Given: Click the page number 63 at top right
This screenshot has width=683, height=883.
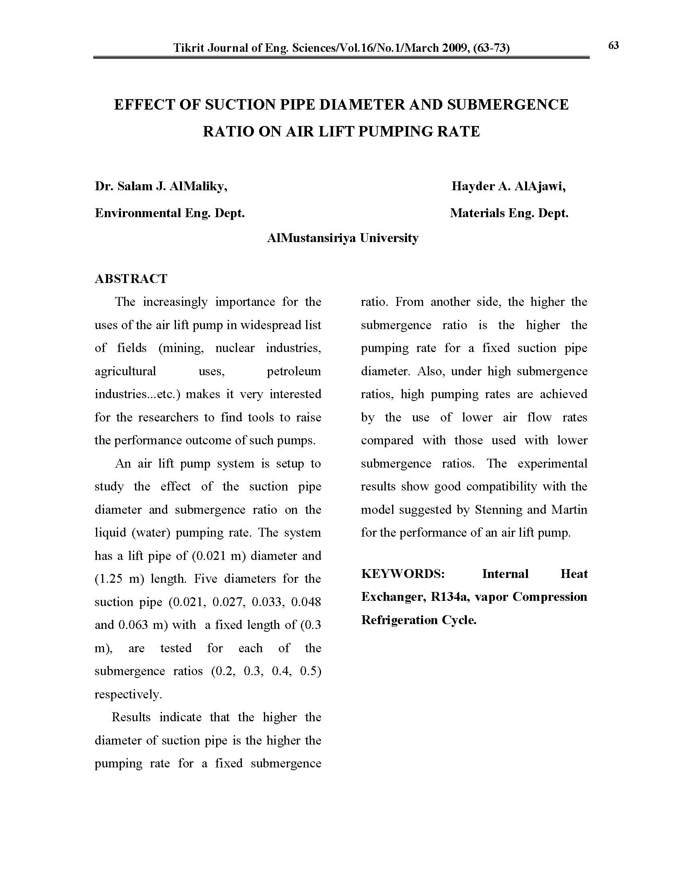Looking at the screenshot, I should [613, 45].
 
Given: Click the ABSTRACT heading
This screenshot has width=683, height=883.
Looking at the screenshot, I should [131, 279].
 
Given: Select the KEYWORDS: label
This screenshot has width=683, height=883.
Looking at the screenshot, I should [403, 574].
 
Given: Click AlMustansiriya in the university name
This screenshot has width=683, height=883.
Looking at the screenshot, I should [311, 238].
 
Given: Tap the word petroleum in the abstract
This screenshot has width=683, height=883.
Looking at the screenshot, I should [294, 371].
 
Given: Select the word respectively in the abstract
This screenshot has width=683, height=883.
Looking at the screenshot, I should [127, 695].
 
